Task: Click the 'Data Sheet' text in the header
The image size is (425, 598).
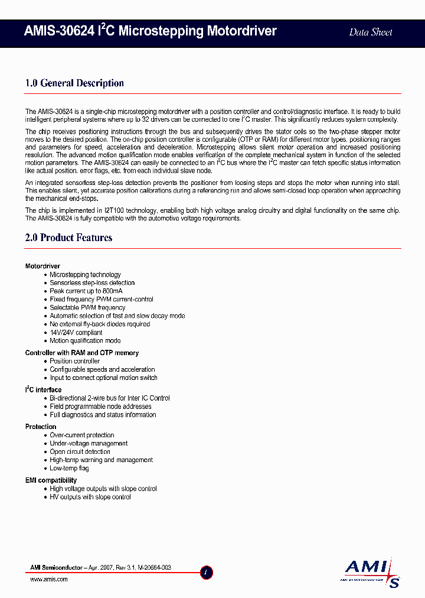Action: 370,32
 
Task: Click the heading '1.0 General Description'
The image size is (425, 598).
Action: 74,83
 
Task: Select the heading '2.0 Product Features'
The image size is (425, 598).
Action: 68,238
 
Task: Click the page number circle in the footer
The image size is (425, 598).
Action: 207,572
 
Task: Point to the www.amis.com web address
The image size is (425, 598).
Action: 48,580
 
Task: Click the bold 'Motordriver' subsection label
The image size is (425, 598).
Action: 42,266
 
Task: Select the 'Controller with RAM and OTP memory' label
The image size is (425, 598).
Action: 81,353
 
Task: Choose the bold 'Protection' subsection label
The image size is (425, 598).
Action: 41,427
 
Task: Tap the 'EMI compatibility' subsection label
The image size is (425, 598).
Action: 51,480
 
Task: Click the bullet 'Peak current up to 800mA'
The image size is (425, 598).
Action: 86,291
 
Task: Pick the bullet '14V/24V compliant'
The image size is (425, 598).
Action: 76,333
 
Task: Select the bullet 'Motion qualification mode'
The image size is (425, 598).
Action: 85,341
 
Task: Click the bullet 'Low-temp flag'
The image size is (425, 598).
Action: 69,469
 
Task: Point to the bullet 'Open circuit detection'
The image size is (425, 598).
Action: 80,452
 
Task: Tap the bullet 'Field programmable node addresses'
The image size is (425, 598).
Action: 100,407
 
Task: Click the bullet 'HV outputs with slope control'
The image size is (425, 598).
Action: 90,498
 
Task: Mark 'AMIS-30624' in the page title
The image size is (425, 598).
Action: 59,31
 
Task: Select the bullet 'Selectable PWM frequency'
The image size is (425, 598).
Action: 87,308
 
